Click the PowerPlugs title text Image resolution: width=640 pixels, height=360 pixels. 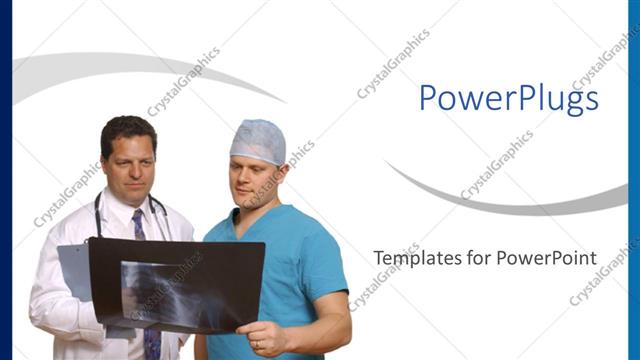coord(508,98)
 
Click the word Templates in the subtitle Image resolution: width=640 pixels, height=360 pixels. coord(409,258)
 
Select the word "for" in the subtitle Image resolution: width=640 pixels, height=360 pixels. coord(467,258)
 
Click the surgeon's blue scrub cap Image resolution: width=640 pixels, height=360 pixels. coord(258,141)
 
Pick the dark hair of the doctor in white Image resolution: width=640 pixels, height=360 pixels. coord(128,128)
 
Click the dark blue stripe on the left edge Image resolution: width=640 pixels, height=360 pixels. coord(6,180)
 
